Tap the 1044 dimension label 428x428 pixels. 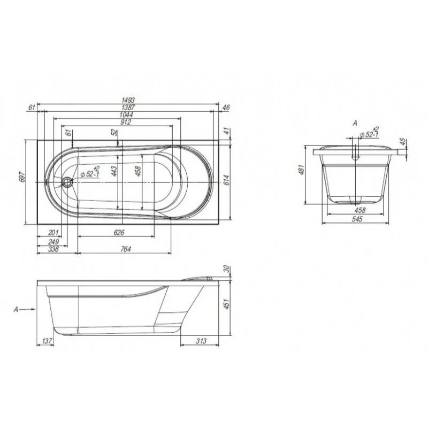127,114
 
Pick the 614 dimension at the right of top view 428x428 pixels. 226,180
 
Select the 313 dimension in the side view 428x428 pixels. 201,341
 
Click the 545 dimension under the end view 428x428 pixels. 355,219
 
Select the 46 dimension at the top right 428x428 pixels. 225,108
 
